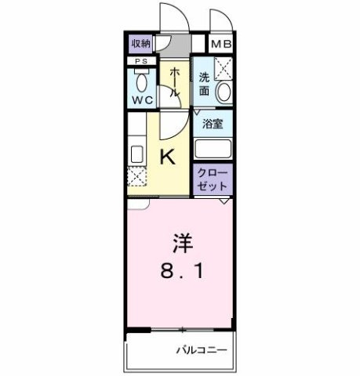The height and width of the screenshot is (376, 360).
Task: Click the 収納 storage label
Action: tap(141, 44)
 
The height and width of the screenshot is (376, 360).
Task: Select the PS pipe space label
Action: tap(141, 61)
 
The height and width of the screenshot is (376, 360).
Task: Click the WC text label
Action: tap(141, 100)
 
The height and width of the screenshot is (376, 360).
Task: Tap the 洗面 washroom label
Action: tap(204, 83)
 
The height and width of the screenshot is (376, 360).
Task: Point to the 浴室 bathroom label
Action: tap(212, 123)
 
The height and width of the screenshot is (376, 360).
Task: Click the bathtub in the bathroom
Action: tap(213, 148)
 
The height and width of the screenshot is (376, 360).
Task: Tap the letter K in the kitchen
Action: tap(168, 157)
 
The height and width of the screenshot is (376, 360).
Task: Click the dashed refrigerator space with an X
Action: tap(136, 179)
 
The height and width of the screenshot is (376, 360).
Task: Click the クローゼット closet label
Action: tap(213, 179)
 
